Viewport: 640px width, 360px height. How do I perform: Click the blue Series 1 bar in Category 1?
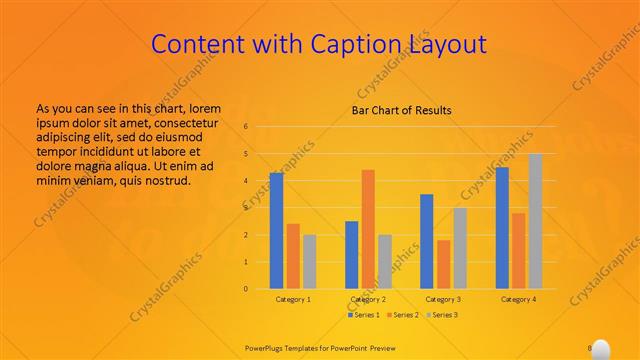(x=276, y=231)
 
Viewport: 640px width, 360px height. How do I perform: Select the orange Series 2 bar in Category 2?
(x=368, y=230)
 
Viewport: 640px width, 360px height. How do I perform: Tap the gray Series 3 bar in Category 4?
(x=535, y=221)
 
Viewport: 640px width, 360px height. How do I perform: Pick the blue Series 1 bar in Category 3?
(x=426, y=241)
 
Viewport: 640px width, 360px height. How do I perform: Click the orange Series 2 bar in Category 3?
(x=443, y=264)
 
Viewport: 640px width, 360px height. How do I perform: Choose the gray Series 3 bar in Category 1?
(x=309, y=262)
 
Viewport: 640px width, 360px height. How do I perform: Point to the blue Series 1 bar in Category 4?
(x=502, y=228)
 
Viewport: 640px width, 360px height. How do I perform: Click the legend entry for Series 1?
(x=363, y=315)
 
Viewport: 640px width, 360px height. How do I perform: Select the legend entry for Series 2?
(x=402, y=315)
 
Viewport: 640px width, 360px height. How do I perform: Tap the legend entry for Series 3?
(x=442, y=315)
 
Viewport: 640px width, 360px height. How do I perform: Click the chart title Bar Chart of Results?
(x=401, y=110)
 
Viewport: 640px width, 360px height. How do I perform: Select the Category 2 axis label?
(x=368, y=299)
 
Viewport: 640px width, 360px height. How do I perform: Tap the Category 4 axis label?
(x=518, y=299)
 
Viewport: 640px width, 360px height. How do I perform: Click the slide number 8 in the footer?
(x=590, y=348)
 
